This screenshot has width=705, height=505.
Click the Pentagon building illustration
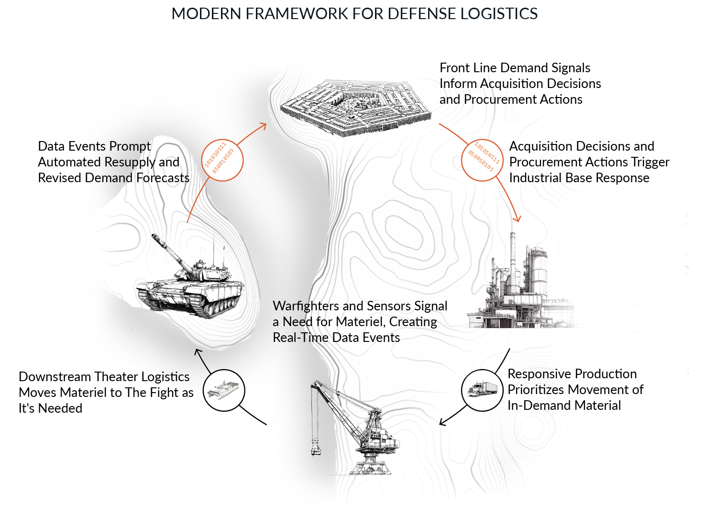[355, 108]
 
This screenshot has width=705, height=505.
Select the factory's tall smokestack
[513, 258]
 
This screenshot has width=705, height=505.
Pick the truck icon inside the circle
[483, 389]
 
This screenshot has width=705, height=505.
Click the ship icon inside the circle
[224, 390]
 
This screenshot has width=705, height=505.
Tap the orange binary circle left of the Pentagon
[222, 160]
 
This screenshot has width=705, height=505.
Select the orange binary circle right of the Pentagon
[482, 160]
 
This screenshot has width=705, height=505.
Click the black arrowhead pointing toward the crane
[442, 422]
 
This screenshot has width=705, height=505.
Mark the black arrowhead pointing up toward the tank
[198, 352]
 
